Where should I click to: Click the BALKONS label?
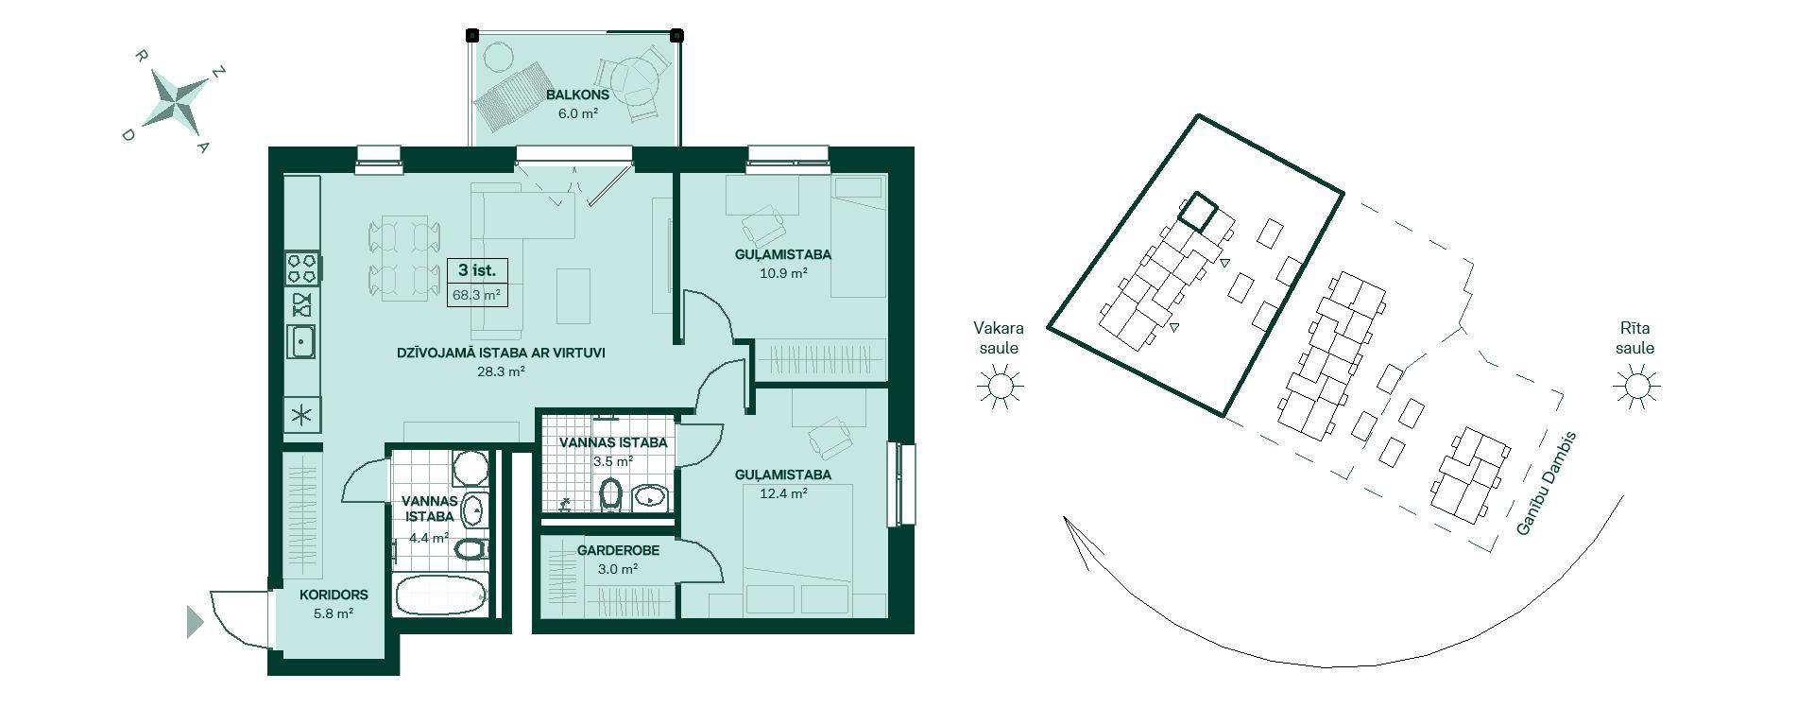[x=577, y=95]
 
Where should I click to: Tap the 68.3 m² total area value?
[x=476, y=295]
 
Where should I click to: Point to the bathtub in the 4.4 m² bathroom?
[x=441, y=595]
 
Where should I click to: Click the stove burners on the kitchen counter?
[x=302, y=268]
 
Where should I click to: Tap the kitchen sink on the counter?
[x=301, y=341]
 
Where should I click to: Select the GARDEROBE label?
[x=617, y=550]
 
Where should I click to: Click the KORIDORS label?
[x=334, y=596]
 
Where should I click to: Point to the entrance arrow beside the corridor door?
[x=195, y=622]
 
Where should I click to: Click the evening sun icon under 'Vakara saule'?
[x=1000, y=388]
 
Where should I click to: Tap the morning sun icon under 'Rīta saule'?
[x=1635, y=388]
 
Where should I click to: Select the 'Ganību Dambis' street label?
[x=1546, y=484]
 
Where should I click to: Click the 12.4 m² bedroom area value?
[x=783, y=493]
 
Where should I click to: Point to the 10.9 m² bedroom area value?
[x=783, y=273]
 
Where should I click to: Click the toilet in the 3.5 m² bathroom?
[x=610, y=492]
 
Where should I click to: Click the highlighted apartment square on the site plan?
[x=1197, y=212]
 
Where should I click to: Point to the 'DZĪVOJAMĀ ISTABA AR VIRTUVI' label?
[x=501, y=354]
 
